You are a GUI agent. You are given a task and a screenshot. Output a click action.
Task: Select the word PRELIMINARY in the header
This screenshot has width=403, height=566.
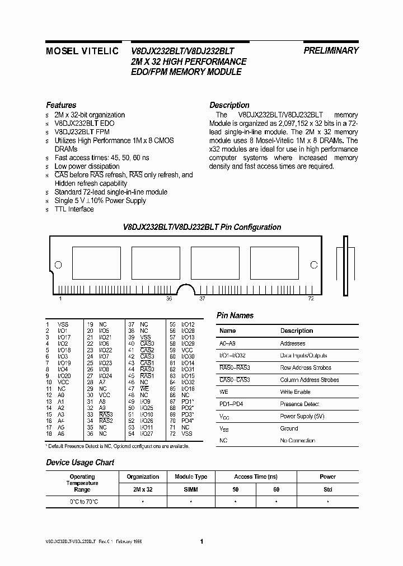[x=331, y=50]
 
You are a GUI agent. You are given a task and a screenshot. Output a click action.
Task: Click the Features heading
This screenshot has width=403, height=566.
[x=61, y=105]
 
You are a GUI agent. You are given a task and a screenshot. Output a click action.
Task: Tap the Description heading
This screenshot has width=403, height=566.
[x=229, y=105]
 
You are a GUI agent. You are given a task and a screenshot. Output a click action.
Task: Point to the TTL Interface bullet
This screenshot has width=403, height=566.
[x=74, y=209]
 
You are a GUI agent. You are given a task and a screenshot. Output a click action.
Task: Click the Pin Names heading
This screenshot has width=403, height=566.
[x=235, y=315]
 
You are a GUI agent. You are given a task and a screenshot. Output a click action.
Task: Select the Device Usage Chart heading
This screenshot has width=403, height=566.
[x=80, y=463]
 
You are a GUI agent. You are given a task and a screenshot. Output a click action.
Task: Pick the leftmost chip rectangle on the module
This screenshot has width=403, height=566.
[x=97, y=262]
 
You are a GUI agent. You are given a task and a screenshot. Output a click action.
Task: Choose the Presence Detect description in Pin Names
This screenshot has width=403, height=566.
[x=299, y=404]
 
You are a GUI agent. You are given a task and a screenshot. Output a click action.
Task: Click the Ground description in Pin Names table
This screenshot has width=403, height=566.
[x=289, y=428]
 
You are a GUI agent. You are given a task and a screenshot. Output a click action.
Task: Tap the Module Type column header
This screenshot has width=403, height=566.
[x=191, y=477]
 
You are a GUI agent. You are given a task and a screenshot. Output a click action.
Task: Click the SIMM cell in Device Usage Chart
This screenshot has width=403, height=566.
[x=191, y=489]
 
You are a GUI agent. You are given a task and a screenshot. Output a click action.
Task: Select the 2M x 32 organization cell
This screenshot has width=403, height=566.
[x=143, y=489]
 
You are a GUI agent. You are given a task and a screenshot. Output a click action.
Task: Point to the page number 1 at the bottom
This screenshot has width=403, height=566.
[x=201, y=541]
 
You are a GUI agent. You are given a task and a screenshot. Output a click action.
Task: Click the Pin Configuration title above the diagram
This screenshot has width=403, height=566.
[x=202, y=228]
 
